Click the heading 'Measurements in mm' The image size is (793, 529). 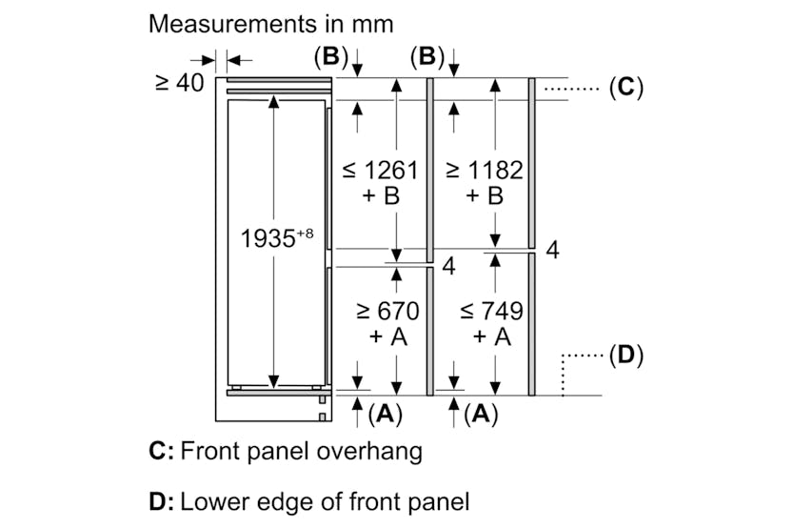pyautogui.click(x=271, y=24)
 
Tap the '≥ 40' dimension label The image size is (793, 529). pyautogui.click(x=179, y=83)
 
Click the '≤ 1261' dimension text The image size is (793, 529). pyautogui.click(x=380, y=171)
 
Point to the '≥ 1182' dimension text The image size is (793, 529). pyautogui.click(x=485, y=171)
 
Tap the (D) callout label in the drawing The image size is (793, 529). pyautogui.click(x=624, y=356)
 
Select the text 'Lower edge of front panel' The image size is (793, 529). pyautogui.click(x=325, y=500)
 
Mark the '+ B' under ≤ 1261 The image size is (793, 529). pyautogui.click(x=380, y=196)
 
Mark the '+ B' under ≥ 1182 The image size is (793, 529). pyautogui.click(x=485, y=196)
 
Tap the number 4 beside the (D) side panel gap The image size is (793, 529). pyautogui.click(x=552, y=251)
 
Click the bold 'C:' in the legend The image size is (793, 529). pyautogui.click(x=161, y=451)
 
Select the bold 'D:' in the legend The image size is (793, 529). pyautogui.click(x=161, y=500)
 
